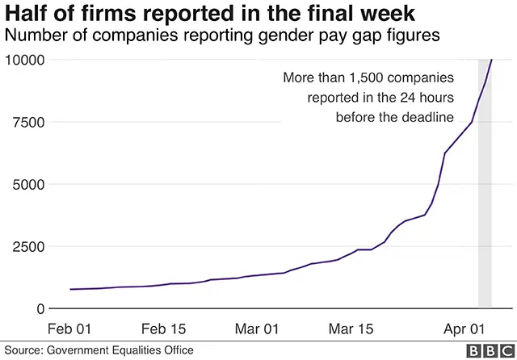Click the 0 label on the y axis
coord(38,308)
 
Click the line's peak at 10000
coord(491,60)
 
